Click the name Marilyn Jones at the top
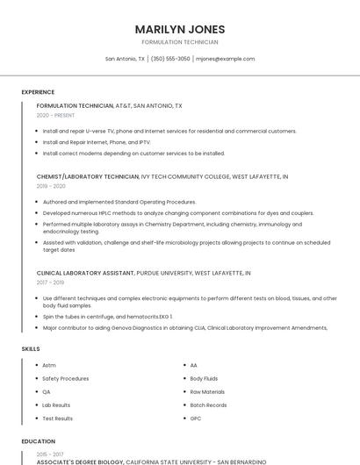(x=180, y=29)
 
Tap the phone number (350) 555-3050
(x=170, y=59)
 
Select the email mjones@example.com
(x=225, y=59)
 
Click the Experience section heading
(x=38, y=92)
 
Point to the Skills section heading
(x=31, y=349)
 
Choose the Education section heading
(x=38, y=441)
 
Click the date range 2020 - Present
(x=55, y=115)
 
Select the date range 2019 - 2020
(x=51, y=186)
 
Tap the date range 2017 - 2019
(x=51, y=283)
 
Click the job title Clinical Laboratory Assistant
(x=86, y=273)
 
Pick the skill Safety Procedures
(x=65, y=378)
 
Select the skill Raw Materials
(x=207, y=391)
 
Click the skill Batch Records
(x=208, y=405)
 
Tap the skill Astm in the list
(x=49, y=365)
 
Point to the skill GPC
(x=196, y=418)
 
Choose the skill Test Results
(x=57, y=418)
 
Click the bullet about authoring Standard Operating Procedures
(x=119, y=202)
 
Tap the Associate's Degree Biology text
(x=80, y=461)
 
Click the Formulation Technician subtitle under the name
(x=180, y=42)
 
